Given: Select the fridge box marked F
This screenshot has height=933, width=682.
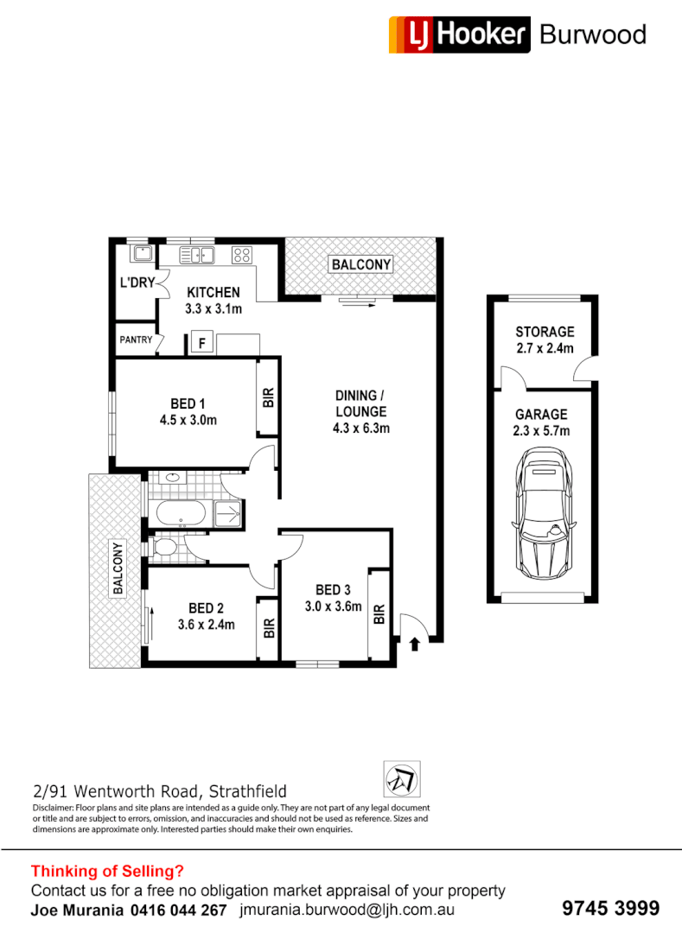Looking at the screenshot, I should pos(202,342).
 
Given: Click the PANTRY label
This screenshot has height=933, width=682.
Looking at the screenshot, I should pos(136,340).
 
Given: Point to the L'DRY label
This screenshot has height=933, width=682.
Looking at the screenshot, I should pos(136,282).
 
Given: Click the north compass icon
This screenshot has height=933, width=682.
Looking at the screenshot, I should pos(402,779).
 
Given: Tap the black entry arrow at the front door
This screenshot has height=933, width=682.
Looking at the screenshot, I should pos(414,644).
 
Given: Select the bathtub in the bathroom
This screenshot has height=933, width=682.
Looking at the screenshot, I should pos(182,516).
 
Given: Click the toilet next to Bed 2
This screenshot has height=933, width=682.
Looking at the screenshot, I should pos(163,548).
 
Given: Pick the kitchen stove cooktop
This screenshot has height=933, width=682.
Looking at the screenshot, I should pos(242,255).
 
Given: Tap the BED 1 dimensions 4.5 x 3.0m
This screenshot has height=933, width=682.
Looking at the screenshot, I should pos(187,421).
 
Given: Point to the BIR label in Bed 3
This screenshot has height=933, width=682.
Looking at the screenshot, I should pos(379,614).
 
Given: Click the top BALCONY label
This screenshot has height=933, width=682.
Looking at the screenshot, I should pos(360,264).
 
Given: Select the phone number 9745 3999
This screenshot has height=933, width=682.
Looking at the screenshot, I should pos(610,908).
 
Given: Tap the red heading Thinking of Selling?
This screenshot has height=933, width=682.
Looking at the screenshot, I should pos(107,872).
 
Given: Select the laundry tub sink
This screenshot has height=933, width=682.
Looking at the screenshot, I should pos(141,254).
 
